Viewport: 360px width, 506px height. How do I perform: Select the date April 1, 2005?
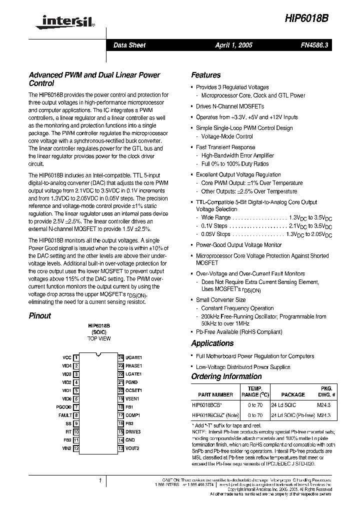pos(233,45)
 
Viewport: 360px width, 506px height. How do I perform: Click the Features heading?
pos(205,75)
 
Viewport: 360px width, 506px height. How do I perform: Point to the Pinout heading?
pos(40,315)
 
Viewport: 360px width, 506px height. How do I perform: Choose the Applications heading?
pos(212,343)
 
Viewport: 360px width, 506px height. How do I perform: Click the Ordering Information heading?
pos(226,376)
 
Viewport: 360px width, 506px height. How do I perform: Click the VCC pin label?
pos(67,357)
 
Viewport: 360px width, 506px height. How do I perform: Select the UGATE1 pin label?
pos(133,357)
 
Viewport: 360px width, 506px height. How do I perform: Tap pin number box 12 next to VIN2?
pos(76,448)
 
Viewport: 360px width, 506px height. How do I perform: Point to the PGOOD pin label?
pos(64,407)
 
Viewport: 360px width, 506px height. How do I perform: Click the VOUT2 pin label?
pos(132,448)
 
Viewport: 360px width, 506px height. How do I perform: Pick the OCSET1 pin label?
pos(133,390)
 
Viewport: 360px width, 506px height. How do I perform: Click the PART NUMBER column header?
pos(215,394)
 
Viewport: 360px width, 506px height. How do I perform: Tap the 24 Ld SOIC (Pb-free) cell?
pos(293,415)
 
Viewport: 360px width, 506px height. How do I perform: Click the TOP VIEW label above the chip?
pos(99,338)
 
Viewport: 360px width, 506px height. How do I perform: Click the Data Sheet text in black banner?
pos(129,45)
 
